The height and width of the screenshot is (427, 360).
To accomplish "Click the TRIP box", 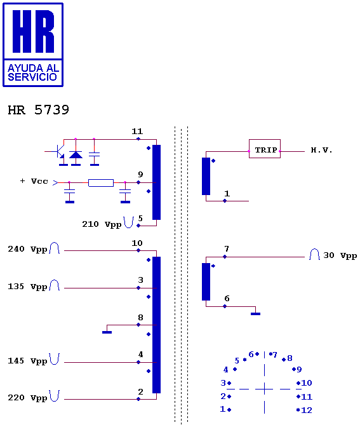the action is click(265, 149).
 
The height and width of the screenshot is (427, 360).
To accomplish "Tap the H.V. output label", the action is click(321, 150).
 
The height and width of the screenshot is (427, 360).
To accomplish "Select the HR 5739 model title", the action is click(38, 110).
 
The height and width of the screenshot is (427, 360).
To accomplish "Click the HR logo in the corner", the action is click(33, 45).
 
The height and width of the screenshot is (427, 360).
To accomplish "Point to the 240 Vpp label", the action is click(27, 249).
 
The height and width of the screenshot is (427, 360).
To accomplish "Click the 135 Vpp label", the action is click(27, 287).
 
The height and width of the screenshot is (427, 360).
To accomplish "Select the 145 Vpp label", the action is click(27, 361).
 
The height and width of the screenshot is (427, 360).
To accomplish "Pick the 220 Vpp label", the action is click(27, 398).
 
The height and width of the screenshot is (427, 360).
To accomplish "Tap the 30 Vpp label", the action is click(340, 255).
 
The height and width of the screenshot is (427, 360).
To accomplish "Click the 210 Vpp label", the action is click(102, 224).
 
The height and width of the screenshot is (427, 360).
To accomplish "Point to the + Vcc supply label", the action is click(34, 181).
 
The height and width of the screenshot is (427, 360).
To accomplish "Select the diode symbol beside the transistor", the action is click(76, 155).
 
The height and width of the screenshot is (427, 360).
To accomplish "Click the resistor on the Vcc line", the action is click(101, 183).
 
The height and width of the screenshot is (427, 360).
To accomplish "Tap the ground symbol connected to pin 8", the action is click(107, 332).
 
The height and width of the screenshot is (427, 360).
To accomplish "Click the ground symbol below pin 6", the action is click(255, 314).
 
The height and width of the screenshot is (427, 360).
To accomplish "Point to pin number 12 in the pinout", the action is click(307, 410).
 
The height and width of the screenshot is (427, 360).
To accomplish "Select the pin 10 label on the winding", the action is click(137, 243).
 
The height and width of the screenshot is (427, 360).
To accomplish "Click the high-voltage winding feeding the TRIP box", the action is click(206, 176).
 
